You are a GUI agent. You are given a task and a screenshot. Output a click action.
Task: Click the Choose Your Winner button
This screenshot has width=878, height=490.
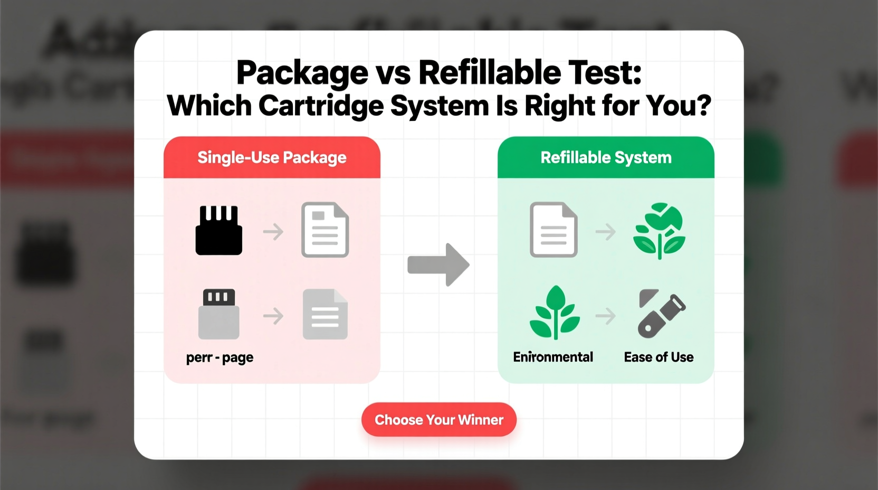[x=438, y=420]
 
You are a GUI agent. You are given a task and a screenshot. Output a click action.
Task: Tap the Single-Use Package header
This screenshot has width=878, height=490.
[x=272, y=157]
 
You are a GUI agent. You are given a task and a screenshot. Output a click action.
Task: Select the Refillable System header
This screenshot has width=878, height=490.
[x=606, y=157]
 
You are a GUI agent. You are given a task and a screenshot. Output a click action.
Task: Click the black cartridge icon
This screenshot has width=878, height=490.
[x=218, y=230]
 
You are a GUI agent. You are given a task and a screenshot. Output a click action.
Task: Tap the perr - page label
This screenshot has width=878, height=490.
[x=219, y=357]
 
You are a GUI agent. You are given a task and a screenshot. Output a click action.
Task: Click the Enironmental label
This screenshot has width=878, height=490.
[x=553, y=357]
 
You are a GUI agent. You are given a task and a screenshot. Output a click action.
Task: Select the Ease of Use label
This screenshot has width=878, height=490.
[x=658, y=357]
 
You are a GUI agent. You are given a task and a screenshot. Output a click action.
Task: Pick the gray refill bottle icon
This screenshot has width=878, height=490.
[x=661, y=313]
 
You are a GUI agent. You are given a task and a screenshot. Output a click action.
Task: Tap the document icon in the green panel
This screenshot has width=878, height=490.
[x=553, y=230]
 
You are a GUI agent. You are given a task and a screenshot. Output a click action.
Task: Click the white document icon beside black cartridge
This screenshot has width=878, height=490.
[x=325, y=230]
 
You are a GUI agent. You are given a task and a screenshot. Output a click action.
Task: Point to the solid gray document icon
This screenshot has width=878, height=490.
[x=325, y=314]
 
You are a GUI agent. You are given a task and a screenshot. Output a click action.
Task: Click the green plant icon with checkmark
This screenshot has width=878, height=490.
[x=659, y=230]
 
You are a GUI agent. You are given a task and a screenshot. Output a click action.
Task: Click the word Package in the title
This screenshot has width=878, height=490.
[x=302, y=72]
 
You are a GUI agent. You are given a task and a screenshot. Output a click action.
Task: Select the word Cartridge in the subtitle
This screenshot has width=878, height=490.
[x=320, y=106]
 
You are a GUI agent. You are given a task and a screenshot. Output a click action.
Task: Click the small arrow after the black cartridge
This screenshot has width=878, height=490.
[x=273, y=231]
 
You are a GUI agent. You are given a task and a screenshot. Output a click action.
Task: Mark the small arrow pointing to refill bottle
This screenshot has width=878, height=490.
[x=606, y=316]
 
